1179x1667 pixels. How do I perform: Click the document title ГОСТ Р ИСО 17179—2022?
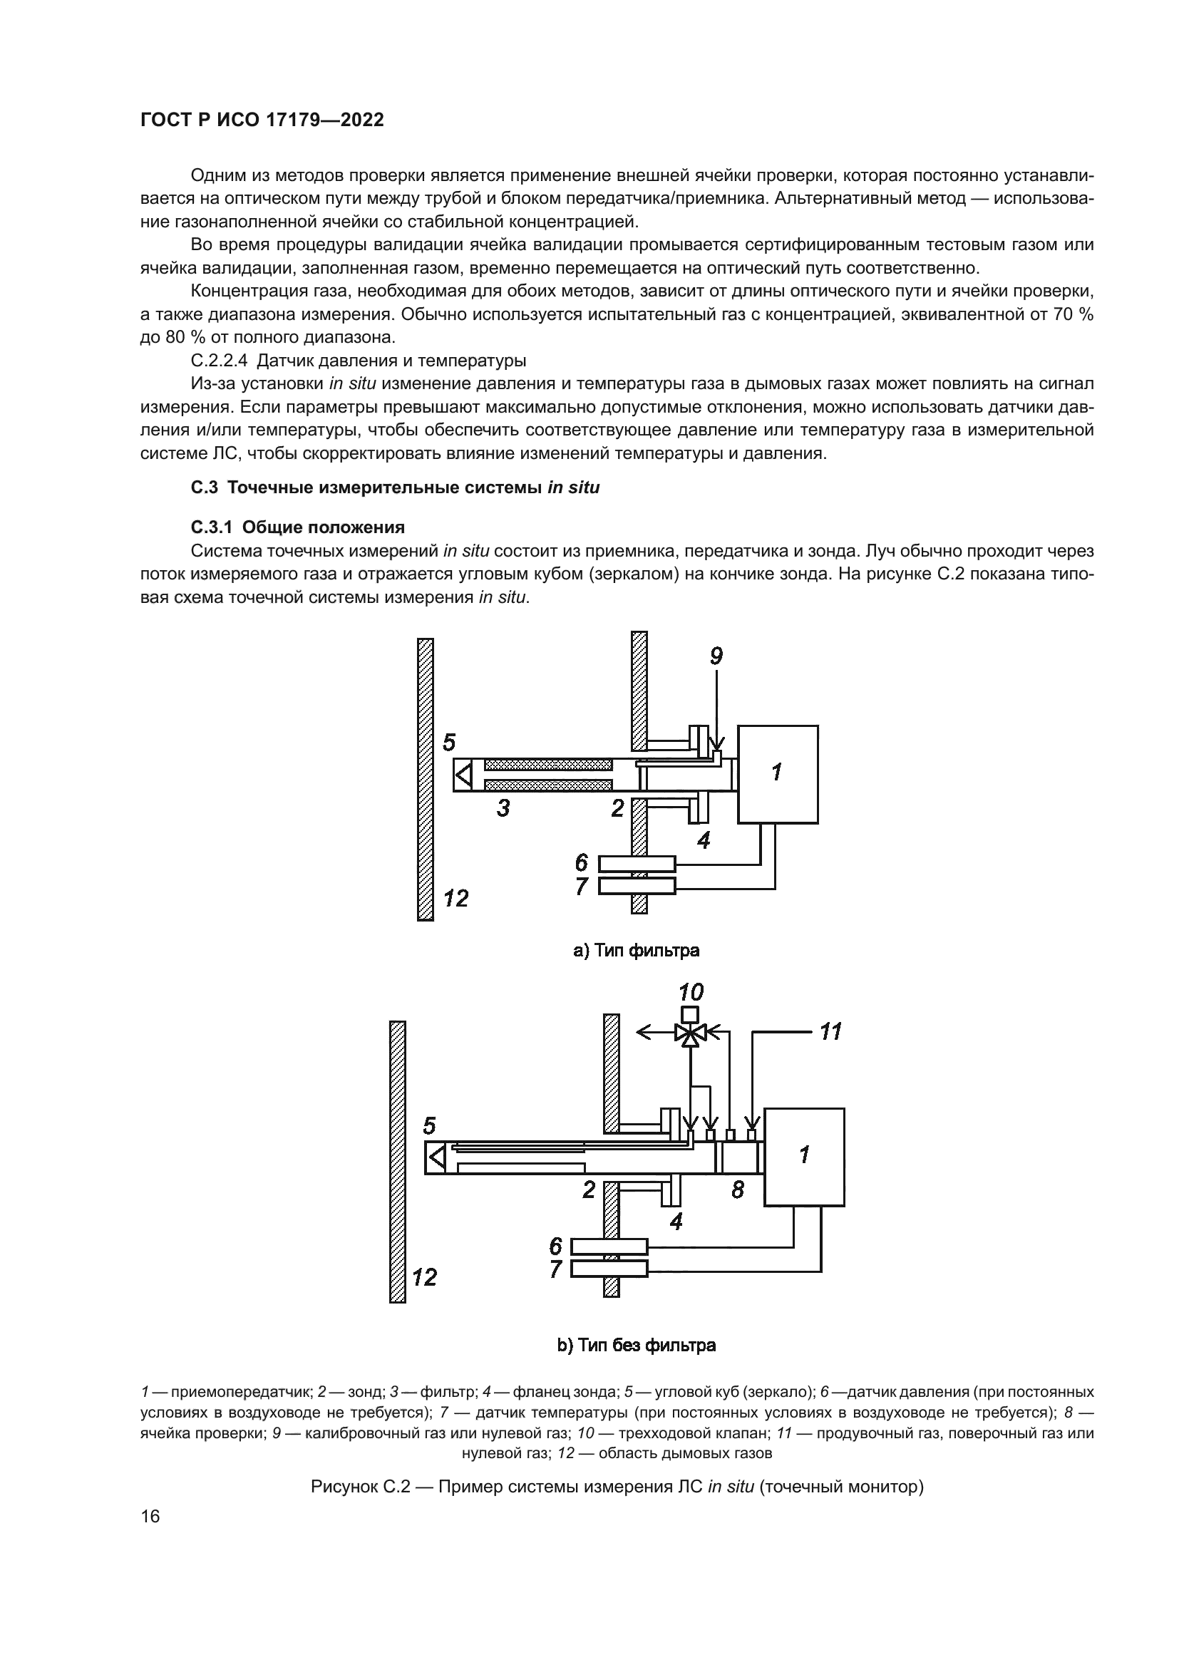(262, 120)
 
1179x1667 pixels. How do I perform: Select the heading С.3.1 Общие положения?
(298, 527)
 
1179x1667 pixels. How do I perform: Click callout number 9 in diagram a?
(716, 656)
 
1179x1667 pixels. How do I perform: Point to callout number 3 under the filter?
(503, 807)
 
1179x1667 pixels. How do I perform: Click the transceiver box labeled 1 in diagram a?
(778, 774)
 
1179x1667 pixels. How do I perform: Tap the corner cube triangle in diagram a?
(463, 775)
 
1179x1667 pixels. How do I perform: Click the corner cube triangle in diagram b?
(436, 1157)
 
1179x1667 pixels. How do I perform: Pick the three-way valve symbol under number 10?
(691, 1033)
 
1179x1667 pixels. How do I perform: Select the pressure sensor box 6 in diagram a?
(637, 864)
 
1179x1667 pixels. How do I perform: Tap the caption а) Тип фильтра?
(636, 951)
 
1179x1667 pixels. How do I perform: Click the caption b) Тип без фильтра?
(636, 1346)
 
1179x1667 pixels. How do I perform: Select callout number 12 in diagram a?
(455, 899)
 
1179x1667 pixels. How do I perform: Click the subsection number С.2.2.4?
(220, 361)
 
